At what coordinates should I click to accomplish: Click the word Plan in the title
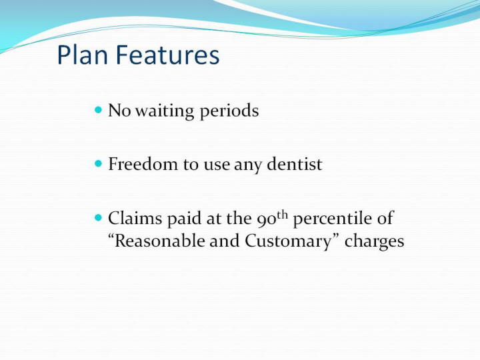83,55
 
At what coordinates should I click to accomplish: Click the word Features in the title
167,55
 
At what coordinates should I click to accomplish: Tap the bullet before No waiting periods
98,109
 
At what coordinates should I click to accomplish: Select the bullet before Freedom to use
98,163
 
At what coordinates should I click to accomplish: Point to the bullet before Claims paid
98,217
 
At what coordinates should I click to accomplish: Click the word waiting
165,111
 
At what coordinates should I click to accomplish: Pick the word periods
229,111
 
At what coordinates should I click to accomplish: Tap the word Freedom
143,164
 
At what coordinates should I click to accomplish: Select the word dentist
295,164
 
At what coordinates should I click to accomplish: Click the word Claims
135,218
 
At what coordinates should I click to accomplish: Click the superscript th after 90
283,215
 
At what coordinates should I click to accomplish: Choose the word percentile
333,219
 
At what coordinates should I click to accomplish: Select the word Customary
288,242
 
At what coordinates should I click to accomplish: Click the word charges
375,242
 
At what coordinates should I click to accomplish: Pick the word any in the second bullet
247,166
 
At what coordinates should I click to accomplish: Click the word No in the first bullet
120,111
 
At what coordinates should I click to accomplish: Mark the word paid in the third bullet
184,219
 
